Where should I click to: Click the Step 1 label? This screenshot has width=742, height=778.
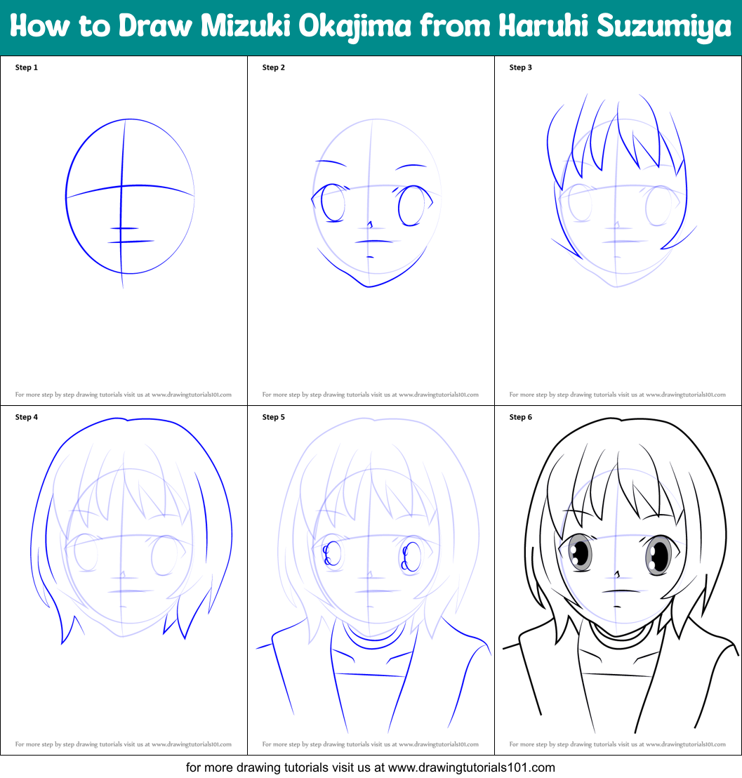(27, 67)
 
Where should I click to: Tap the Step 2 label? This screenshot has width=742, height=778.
(274, 67)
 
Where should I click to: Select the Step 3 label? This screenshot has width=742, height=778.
(521, 67)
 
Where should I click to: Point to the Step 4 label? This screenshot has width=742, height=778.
(27, 417)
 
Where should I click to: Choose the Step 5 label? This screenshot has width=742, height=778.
(274, 417)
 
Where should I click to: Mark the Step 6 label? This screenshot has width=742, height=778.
(521, 417)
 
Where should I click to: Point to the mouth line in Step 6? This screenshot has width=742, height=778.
(616, 591)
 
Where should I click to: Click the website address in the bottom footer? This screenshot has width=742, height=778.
(472, 767)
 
